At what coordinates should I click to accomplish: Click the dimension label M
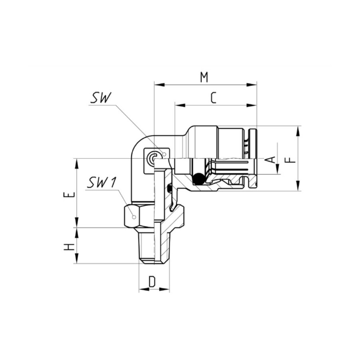pyautogui.click(x=204, y=77)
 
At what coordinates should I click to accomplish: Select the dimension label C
pyautogui.click(x=213, y=98)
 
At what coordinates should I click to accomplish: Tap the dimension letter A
pyautogui.click(x=272, y=159)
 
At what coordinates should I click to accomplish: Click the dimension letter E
pyautogui.click(x=69, y=194)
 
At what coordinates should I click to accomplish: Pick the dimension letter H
pyautogui.click(x=69, y=247)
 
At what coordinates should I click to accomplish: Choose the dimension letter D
pyautogui.click(x=152, y=281)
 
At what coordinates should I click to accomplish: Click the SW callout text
pyautogui.click(x=100, y=98)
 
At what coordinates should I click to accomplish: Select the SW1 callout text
pyautogui.click(x=102, y=182)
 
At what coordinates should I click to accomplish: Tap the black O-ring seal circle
pyautogui.click(x=198, y=178)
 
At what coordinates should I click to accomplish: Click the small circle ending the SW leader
pyautogui.click(x=164, y=154)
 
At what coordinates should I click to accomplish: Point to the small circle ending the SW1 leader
pyautogui.click(x=134, y=217)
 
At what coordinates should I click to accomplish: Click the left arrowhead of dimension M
pyautogui.click(x=159, y=85)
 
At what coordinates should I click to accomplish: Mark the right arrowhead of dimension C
pyautogui.click(x=251, y=105)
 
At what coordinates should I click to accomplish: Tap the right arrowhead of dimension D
pyautogui.click(x=164, y=289)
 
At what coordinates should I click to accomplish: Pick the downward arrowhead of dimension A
pyautogui.click(x=277, y=169)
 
